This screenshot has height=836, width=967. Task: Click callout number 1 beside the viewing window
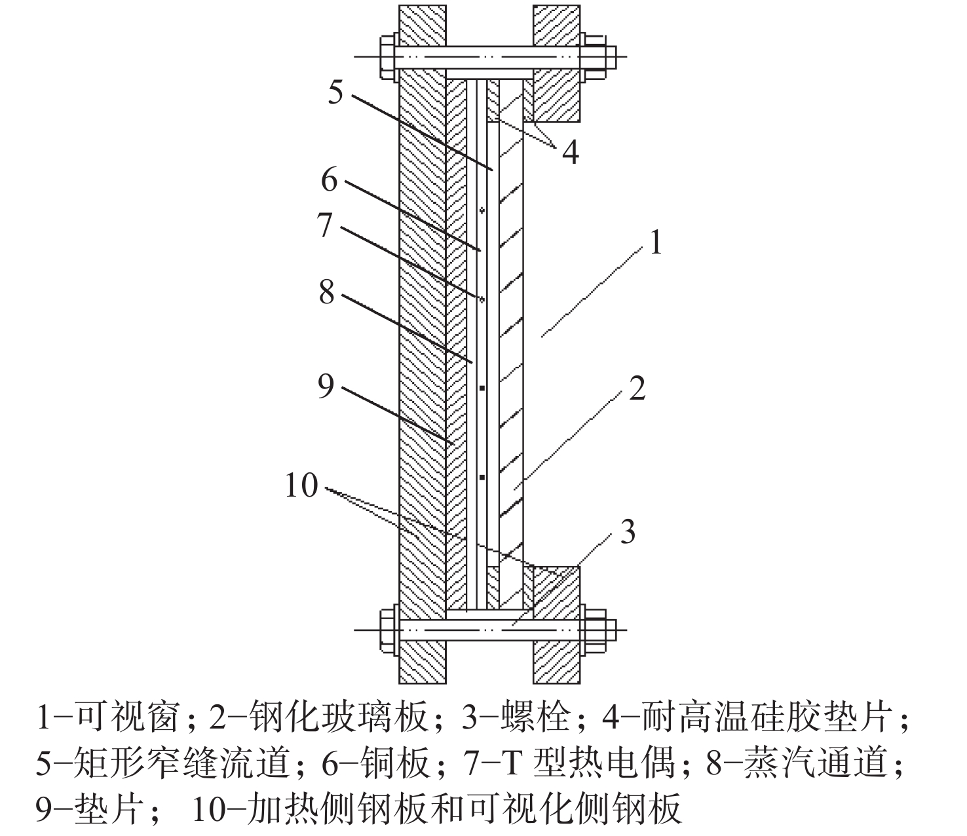pyautogui.click(x=656, y=242)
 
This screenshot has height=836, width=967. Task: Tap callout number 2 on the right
pyautogui.click(x=637, y=388)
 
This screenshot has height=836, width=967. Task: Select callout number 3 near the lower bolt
pyautogui.click(x=628, y=531)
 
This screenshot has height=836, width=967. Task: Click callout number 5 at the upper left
pyautogui.click(x=335, y=92)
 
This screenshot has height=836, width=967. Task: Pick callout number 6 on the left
pyautogui.click(x=329, y=180)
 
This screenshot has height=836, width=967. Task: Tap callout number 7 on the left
pyautogui.click(x=325, y=224)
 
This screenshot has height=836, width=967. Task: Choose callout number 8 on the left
pyautogui.click(x=326, y=292)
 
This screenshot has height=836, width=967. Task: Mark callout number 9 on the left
pyautogui.click(x=326, y=387)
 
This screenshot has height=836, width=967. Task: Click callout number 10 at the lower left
pyautogui.click(x=302, y=485)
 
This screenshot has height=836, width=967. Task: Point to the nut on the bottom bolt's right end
pyautogui.click(x=595, y=630)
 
